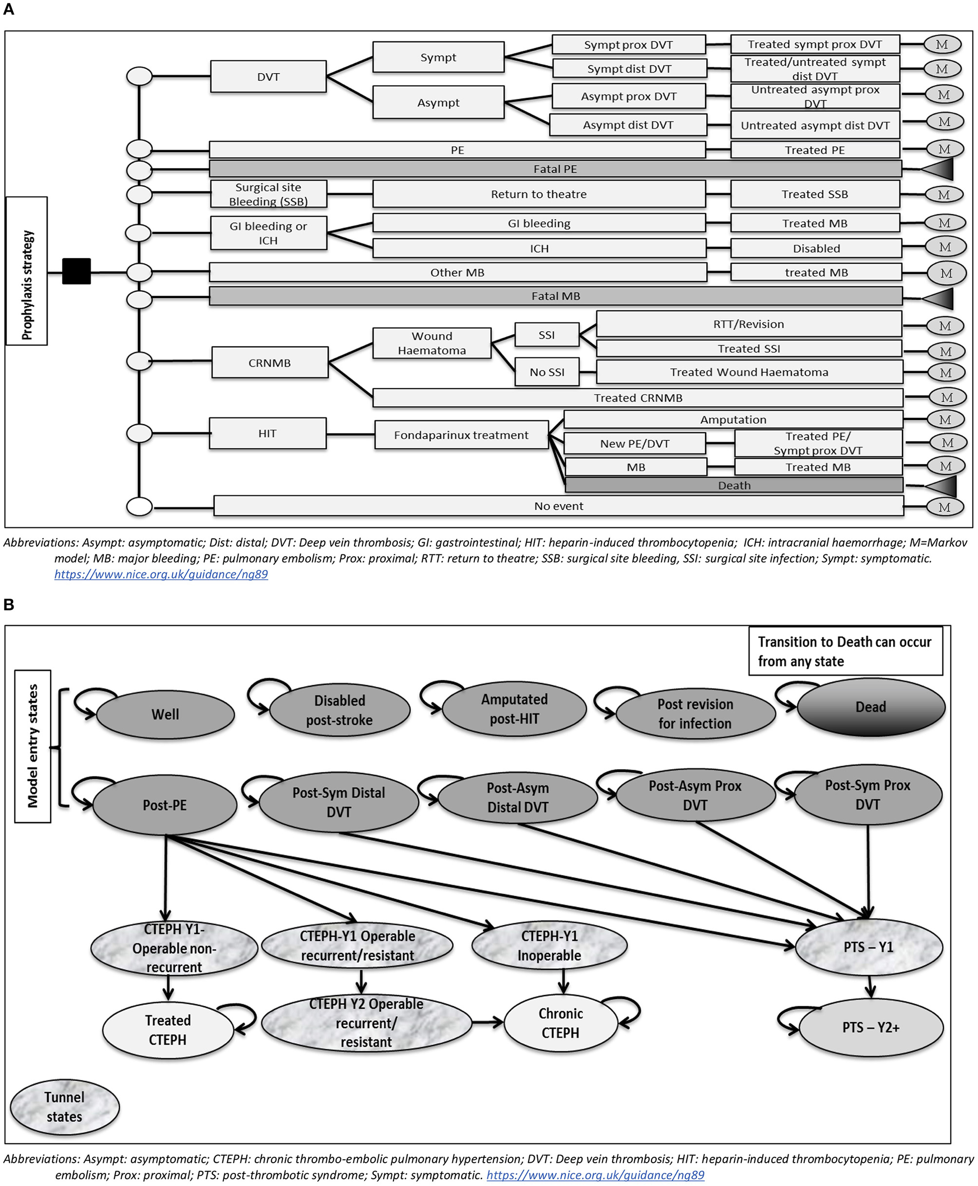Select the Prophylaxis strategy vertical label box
26,271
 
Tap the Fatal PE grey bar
555,169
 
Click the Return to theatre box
539,194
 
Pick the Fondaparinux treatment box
461,435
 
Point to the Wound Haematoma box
432,343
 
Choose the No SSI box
546,372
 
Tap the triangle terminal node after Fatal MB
940,299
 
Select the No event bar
558,506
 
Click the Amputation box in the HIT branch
733,420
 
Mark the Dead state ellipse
870,707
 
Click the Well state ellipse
165,715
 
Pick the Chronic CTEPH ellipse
560,1023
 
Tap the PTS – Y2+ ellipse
871,1028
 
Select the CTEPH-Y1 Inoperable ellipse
549,945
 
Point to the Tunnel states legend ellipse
64,1107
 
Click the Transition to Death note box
845,651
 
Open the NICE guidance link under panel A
161,574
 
